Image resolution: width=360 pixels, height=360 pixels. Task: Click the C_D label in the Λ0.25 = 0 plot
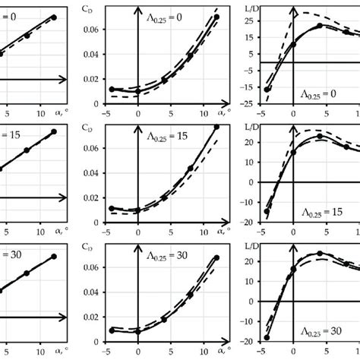point(109,10)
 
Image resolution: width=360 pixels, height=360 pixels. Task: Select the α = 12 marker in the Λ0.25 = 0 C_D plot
point(216,17)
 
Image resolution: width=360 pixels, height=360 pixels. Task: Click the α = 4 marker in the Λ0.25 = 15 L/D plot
point(320,137)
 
